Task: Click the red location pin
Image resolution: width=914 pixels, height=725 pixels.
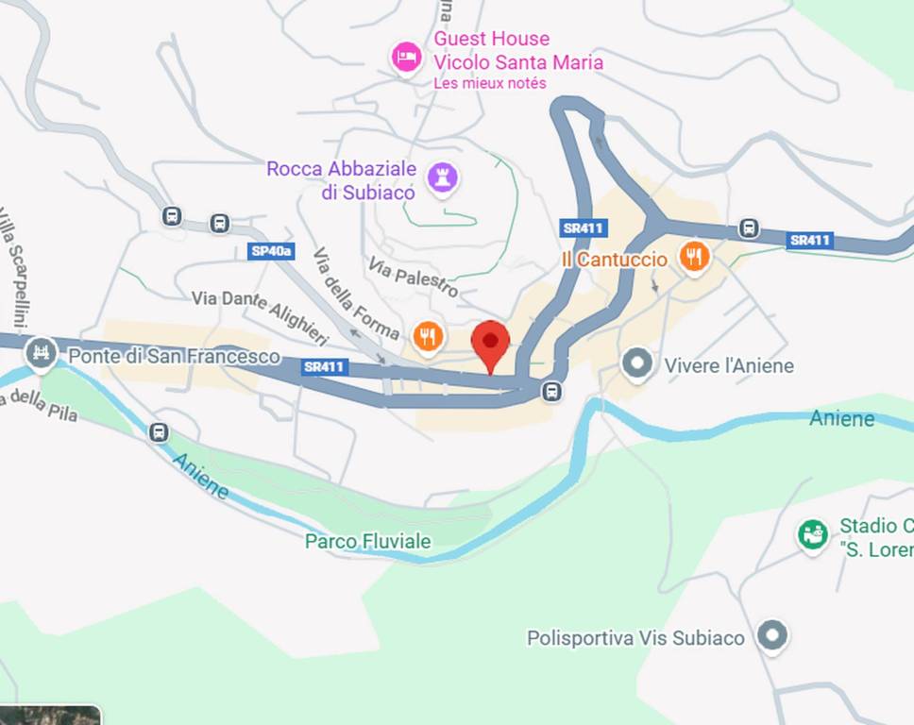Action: pos(490,345)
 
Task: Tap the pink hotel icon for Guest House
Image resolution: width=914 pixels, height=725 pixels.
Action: pos(406,57)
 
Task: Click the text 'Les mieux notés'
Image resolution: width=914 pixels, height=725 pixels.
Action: pos(490,84)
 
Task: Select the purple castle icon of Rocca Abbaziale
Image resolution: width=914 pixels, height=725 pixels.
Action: pos(441,177)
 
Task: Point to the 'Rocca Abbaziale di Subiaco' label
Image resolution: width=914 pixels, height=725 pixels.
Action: pos(342,180)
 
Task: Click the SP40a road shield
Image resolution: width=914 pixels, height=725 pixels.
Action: pos(271,251)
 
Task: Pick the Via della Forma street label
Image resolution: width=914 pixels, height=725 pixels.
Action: pos(356,294)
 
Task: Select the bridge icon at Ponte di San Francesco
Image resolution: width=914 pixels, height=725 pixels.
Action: pos(41,354)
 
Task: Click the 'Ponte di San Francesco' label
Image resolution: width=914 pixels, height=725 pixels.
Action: pos(174,356)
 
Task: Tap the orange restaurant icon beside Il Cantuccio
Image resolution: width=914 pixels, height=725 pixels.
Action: pos(694,257)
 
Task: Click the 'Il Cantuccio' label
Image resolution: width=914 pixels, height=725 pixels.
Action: pos(615,259)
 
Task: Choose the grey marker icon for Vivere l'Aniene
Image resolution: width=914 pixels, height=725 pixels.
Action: pos(637,364)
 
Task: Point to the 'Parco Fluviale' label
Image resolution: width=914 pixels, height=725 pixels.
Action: pos(367,541)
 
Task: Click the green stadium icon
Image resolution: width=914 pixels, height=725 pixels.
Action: pos(812,535)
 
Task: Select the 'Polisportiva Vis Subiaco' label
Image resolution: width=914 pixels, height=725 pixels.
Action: pos(635,638)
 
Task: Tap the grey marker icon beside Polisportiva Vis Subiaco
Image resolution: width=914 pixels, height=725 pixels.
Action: pos(773,636)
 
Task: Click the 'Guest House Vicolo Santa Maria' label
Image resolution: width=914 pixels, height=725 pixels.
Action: pos(517,51)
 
